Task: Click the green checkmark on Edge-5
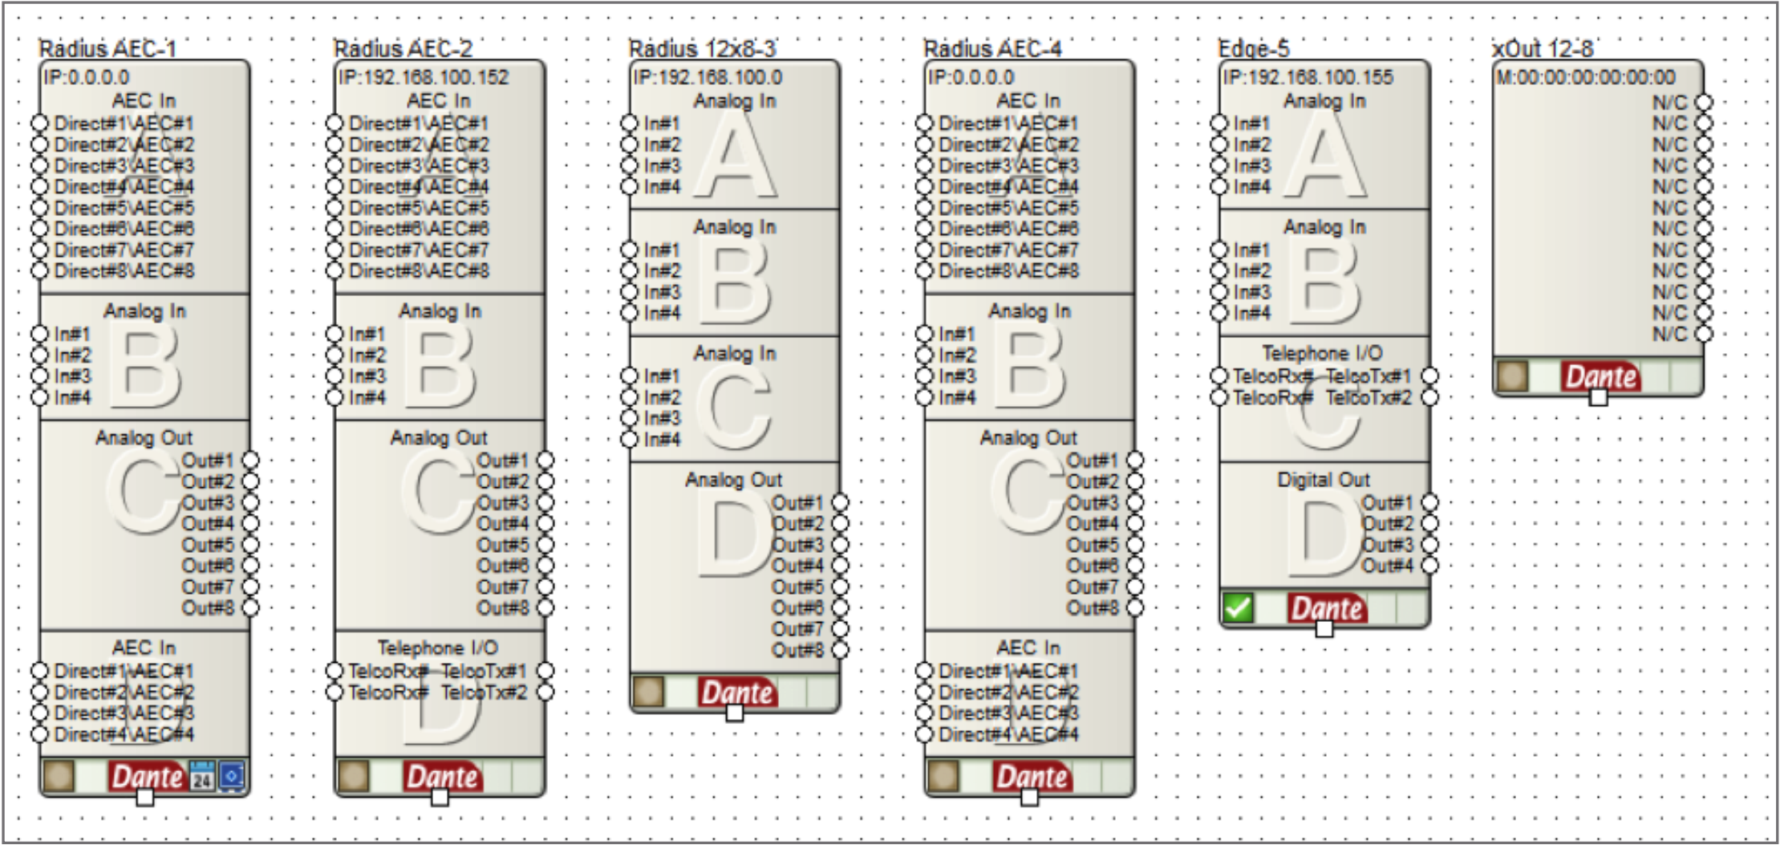(1238, 607)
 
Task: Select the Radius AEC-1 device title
(107, 49)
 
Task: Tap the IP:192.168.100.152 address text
(424, 77)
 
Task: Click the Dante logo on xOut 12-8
(1601, 376)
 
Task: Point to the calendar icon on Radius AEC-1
(202, 776)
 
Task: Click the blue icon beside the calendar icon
(232, 776)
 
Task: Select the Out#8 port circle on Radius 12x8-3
(840, 650)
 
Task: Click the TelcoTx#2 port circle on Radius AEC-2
(545, 692)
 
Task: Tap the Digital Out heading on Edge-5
(1324, 480)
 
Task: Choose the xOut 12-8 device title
(1543, 49)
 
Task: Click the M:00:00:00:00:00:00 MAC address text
(1586, 77)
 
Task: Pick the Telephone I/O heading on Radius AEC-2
(438, 648)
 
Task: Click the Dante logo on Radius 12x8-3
(737, 693)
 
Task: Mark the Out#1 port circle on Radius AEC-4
(1135, 461)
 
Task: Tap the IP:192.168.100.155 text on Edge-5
(1308, 77)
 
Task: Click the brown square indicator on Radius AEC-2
(354, 776)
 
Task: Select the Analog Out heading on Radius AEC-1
(144, 437)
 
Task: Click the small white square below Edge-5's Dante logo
(1324, 628)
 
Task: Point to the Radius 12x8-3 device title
(703, 49)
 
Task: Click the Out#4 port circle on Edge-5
(1429, 566)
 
